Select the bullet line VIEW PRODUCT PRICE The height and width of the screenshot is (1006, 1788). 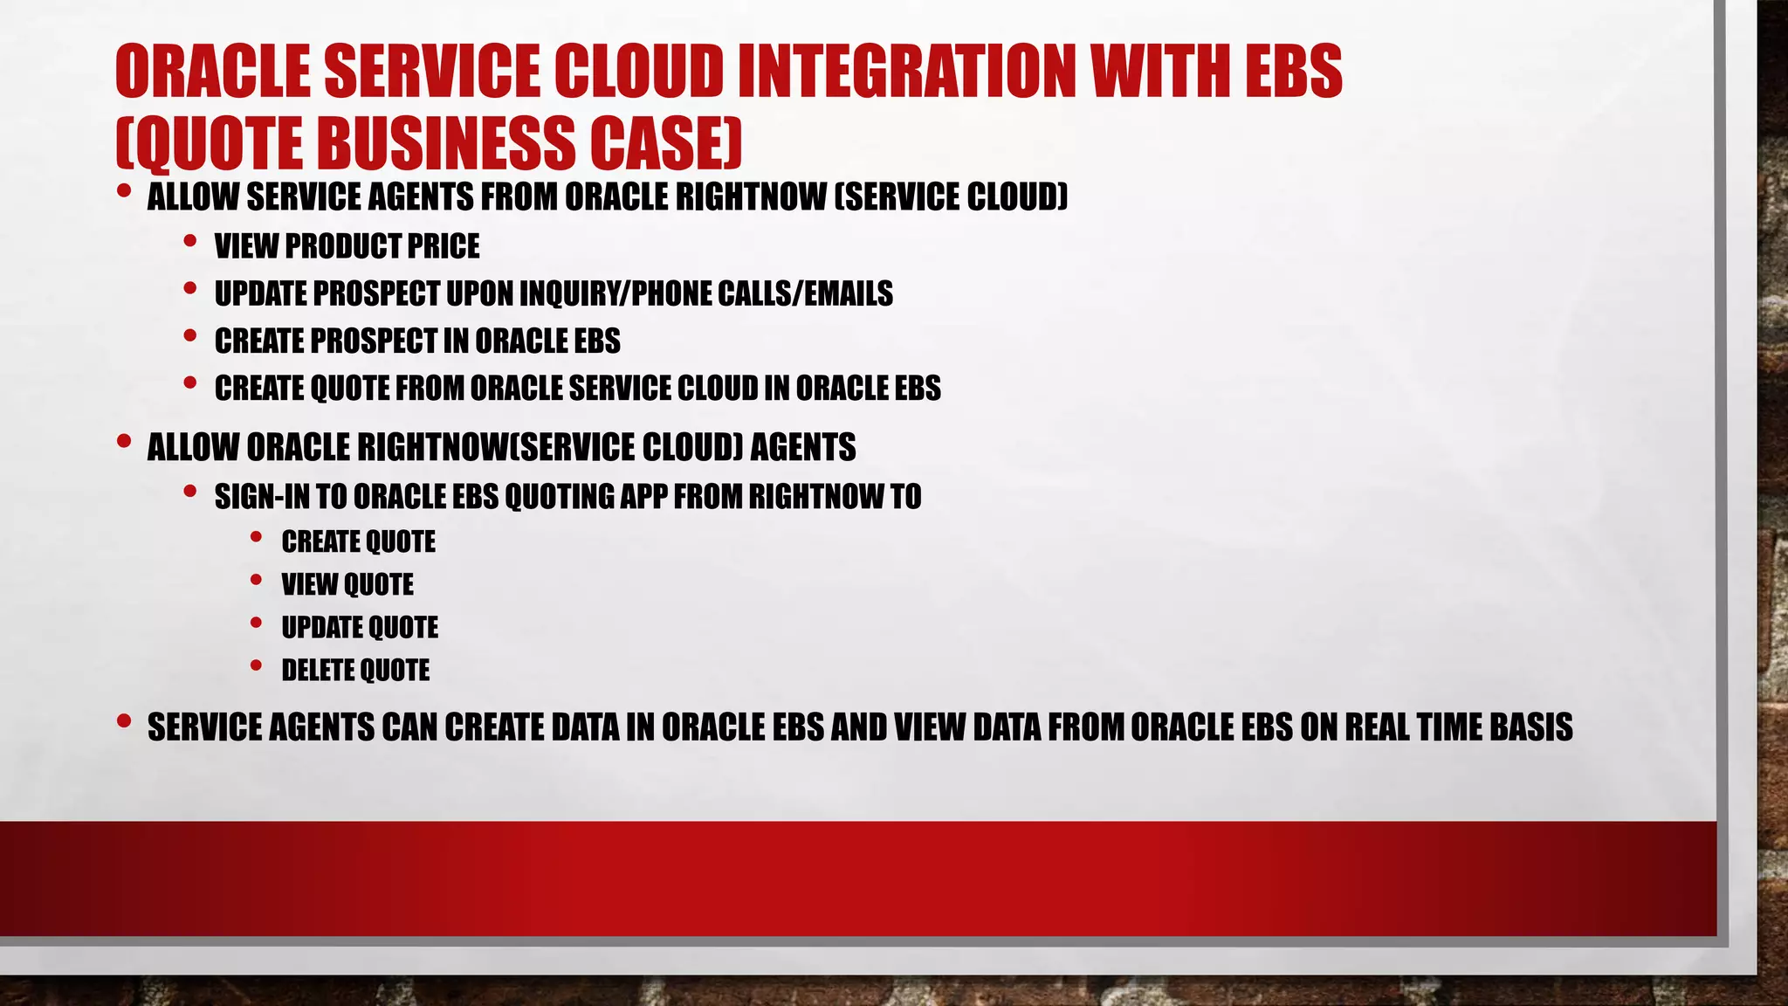click(x=347, y=246)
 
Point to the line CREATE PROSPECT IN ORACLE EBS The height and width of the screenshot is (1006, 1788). click(x=417, y=341)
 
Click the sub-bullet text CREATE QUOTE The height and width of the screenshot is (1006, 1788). click(x=358, y=541)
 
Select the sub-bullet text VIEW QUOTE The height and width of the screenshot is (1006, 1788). click(x=347, y=584)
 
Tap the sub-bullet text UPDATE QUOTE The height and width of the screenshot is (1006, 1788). click(x=360, y=627)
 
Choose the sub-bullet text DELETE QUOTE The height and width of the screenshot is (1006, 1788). click(x=355, y=670)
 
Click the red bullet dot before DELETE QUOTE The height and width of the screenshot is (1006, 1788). click(x=256, y=665)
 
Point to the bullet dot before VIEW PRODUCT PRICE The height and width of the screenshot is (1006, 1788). click(x=190, y=241)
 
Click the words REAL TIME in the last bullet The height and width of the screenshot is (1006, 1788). click(x=1413, y=727)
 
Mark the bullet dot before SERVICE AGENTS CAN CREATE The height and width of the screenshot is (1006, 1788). click(x=124, y=721)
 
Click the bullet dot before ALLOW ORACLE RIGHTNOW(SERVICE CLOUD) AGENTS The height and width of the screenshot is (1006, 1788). click(x=124, y=442)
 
